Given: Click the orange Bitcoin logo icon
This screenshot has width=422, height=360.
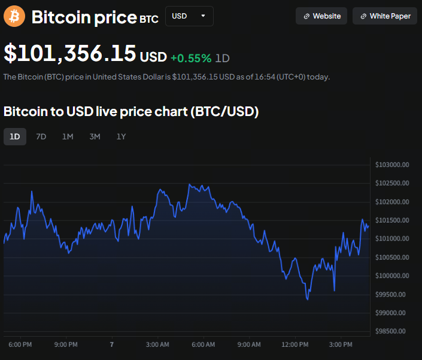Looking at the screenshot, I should [x=14, y=16].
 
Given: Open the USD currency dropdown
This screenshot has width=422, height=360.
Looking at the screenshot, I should [x=189, y=16].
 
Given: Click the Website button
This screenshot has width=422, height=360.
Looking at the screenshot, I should [x=321, y=16].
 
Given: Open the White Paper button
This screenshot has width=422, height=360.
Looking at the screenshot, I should [x=384, y=16].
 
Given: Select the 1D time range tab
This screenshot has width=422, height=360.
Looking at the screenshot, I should [x=15, y=136].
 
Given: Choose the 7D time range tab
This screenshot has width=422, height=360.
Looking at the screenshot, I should [x=41, y=136].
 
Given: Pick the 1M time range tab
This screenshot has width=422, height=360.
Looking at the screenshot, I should [x=68, y=136].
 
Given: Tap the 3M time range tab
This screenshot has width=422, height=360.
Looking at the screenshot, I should [x=95, y=136].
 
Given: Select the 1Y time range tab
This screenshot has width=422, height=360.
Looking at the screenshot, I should [x=121, y=136].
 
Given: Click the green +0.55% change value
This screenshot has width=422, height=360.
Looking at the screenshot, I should [x=190, y=58].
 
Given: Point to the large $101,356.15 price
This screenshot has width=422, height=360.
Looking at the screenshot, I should [x=69, y=54].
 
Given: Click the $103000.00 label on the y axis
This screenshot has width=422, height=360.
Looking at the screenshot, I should [x=391, y=164].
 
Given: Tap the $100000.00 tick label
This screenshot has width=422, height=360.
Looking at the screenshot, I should [x=391, y=276].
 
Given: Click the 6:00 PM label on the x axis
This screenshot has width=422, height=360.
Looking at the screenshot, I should [x=20, y=344].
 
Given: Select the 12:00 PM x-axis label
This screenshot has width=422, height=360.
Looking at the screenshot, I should [x=295, y=344].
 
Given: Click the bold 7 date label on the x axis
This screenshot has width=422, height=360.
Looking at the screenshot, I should [x=111, y=344].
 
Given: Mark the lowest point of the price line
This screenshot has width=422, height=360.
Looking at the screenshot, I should [x=308, y=299].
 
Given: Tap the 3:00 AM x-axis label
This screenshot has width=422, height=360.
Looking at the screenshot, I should [x=157, y=344].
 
